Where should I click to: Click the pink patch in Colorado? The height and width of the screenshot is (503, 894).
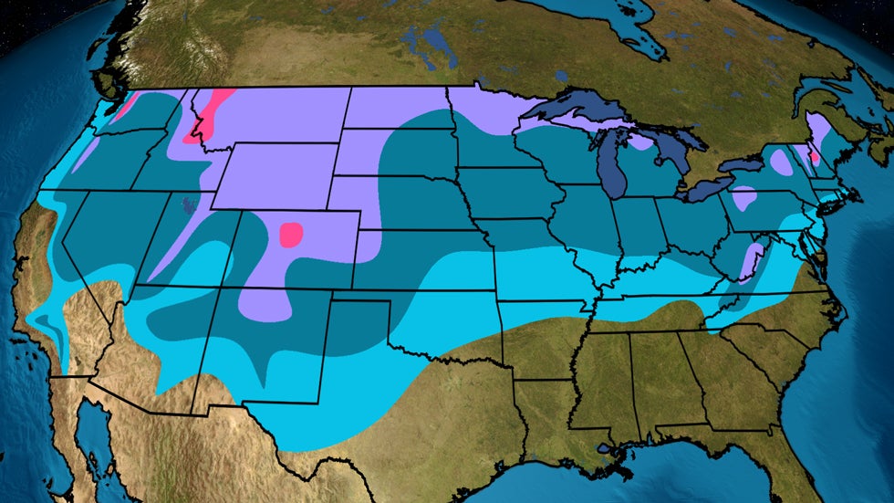(291, 235)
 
